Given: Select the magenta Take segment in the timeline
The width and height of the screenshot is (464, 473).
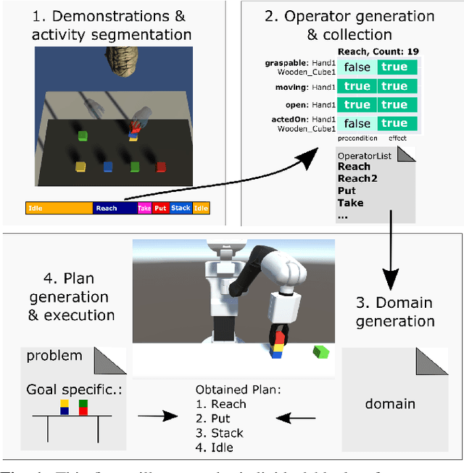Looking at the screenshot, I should pyautogui.click(x=144, y=208).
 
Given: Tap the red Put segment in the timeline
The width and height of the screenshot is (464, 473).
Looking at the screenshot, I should pyautogui.click(x=160, y=208).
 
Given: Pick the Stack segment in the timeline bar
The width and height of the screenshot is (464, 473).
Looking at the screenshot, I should pyautogui.click(x=181, y=208).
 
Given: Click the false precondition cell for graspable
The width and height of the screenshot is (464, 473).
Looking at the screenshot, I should pyautogui.click(x=357, y=67).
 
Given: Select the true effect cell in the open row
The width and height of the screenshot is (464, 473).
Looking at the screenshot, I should pyautogui.click(x=394, y=104).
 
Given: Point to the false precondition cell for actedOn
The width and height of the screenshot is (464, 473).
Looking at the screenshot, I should pyautogui.click(x=357, y=124).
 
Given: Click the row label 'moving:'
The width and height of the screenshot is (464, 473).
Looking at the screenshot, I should pyautogui.click(x=295, y=86).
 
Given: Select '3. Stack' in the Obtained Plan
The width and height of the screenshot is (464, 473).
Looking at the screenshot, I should pyautogui.click(x=220, y=432).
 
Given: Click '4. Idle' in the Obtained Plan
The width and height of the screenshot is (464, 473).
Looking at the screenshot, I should pyautogui.click(x=215, y=448).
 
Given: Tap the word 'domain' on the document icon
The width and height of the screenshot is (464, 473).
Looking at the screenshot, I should pyautogui.click(x=389, y=403).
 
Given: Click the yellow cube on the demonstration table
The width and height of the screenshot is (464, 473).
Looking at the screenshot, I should pyautogui.click(x=80, y=167).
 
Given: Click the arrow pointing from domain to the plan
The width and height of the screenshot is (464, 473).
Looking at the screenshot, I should pyautogui.click(x=297, y=417).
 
